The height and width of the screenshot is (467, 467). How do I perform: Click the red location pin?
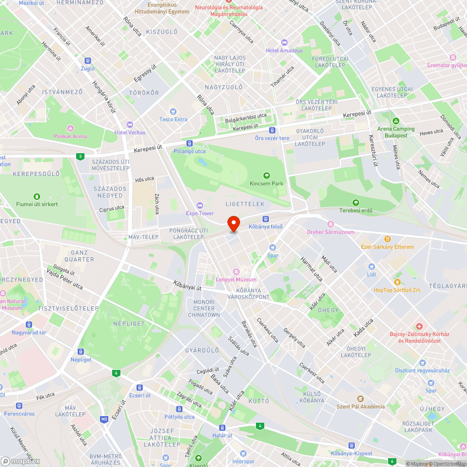click(233, 223)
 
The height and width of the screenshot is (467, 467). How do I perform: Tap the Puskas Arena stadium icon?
click(71, 128)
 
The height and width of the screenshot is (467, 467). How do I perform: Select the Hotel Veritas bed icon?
click(130, 125)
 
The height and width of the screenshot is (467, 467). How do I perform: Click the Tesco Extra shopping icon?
click(173, 112)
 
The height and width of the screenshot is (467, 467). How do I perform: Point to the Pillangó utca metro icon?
click(189, 143)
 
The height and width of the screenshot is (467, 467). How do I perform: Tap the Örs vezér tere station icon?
click(272, 130)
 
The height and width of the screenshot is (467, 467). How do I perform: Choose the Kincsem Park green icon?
click(266, 176)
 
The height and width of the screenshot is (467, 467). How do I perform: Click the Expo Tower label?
click(199, 213)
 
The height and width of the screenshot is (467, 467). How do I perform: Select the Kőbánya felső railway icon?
click(266, 219)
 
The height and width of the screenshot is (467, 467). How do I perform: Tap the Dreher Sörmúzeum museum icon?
click(331, 224)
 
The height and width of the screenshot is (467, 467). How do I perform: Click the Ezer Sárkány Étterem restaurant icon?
click(387, 239)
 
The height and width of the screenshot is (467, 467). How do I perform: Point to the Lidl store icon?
click(371, 266)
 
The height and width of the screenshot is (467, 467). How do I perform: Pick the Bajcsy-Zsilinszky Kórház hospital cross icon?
click(419, 326)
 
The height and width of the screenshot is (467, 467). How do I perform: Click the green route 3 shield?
click(81, 156)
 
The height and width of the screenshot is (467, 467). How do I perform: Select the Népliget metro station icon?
click(81, 352)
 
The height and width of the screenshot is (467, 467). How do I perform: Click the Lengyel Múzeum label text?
click(236, 280)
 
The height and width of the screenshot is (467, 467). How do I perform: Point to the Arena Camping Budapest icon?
click(396, 121)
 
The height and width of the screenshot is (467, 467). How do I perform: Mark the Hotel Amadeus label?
click(284, 50)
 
